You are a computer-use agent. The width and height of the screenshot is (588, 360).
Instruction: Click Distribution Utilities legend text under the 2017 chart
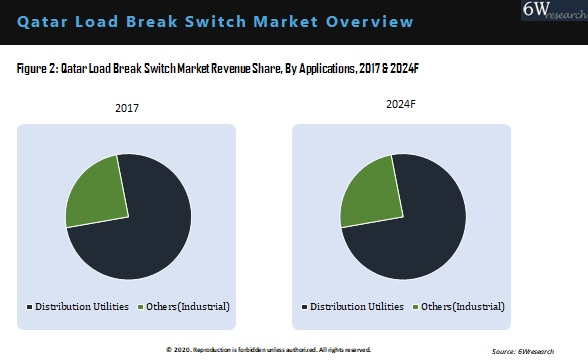(x=82, y=306)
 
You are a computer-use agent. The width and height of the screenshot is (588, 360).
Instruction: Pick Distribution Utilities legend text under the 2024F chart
(x=357, y=306)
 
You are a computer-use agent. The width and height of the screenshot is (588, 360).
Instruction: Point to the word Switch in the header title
(x=221, y=20)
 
